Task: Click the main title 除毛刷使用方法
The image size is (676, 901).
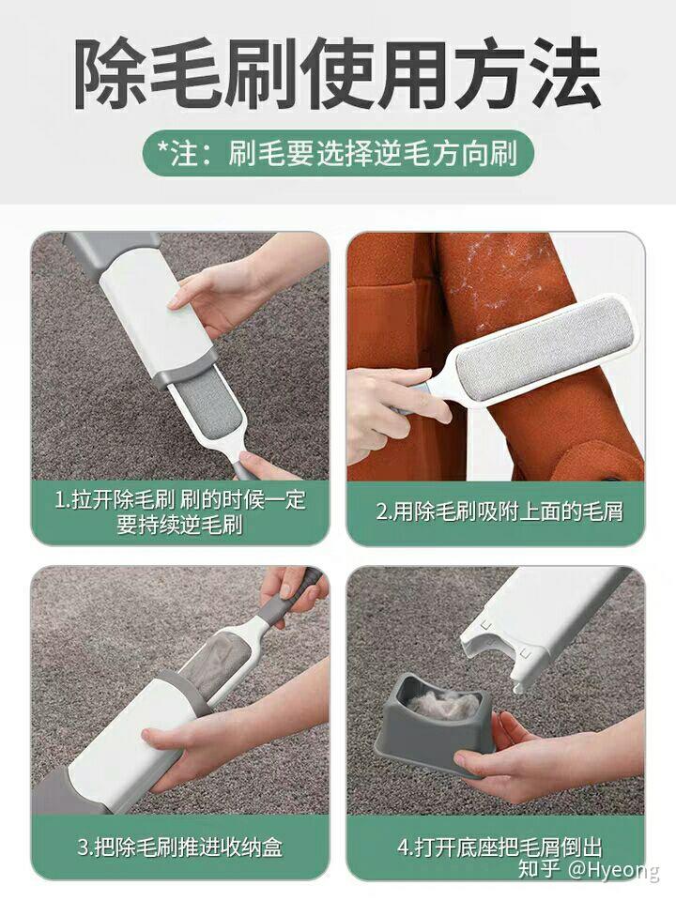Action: [x=338, y=74]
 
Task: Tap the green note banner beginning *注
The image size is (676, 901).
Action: [x=338, y=153]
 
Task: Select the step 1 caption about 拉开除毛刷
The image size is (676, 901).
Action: [x=180, y=512]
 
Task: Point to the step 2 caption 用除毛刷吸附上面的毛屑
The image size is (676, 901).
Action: [x=499, y=511]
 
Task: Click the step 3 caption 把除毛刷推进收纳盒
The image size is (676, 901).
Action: [x=180, y=847]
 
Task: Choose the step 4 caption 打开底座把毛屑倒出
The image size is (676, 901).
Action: [x=499, y=847]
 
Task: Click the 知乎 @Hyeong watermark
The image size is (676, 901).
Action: [x=589, y=869]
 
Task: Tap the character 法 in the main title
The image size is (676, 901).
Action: [x=563, y=74]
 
